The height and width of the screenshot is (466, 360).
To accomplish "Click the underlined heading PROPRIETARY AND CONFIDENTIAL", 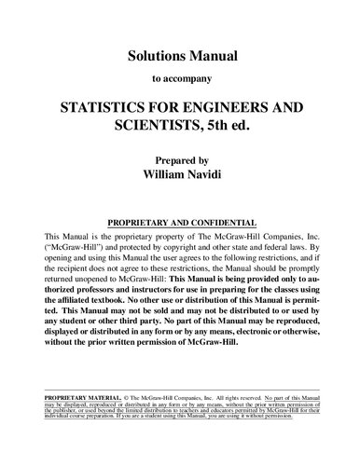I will [x=180, y=224].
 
